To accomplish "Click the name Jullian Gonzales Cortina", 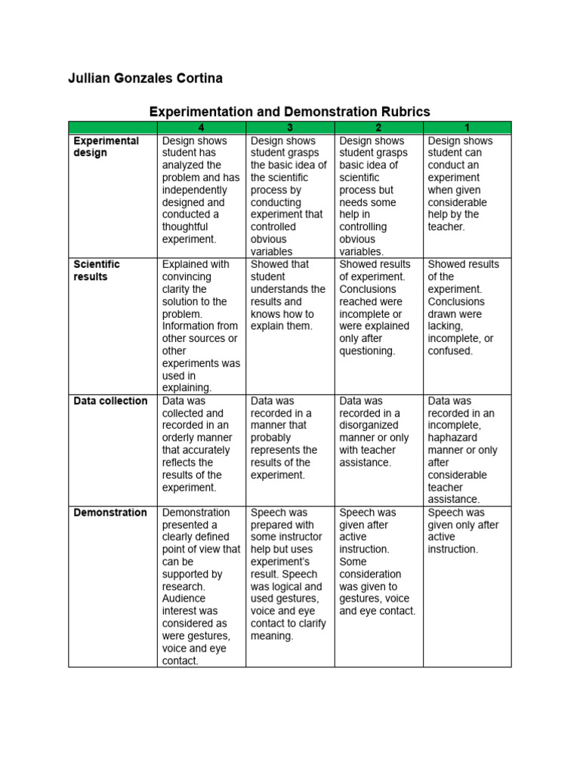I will [145, 79].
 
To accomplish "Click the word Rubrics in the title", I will [403, 111].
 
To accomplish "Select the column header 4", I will [200, 128].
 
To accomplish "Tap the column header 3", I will [289, 128].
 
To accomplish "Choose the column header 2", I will [378, 128].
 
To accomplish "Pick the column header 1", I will [467, 128].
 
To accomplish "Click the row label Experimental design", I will [106, 146].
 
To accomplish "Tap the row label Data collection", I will [110, 401].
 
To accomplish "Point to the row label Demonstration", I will [110, 513].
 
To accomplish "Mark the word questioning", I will [367, 351].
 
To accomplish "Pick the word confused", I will [449, 351].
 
